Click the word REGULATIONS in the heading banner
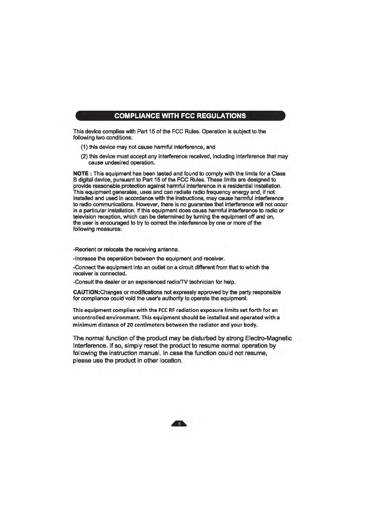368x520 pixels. click(221, 116)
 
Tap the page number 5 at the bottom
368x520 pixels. click(179, 424)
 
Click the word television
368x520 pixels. click(86, 217)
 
